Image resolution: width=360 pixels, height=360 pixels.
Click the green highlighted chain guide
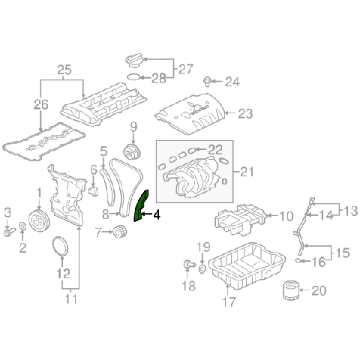[x=140, y=207]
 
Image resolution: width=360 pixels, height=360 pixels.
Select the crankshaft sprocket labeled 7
[x=117, y=234]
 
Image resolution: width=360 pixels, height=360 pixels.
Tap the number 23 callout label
[x=247, y=113]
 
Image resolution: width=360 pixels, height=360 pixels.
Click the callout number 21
[x=247, y=172]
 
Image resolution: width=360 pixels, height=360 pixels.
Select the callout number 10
[x=286, y=217]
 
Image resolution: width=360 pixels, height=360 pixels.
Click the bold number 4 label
[x=156, y=215]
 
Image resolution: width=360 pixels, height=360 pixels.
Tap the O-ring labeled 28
[x=133, y=76]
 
